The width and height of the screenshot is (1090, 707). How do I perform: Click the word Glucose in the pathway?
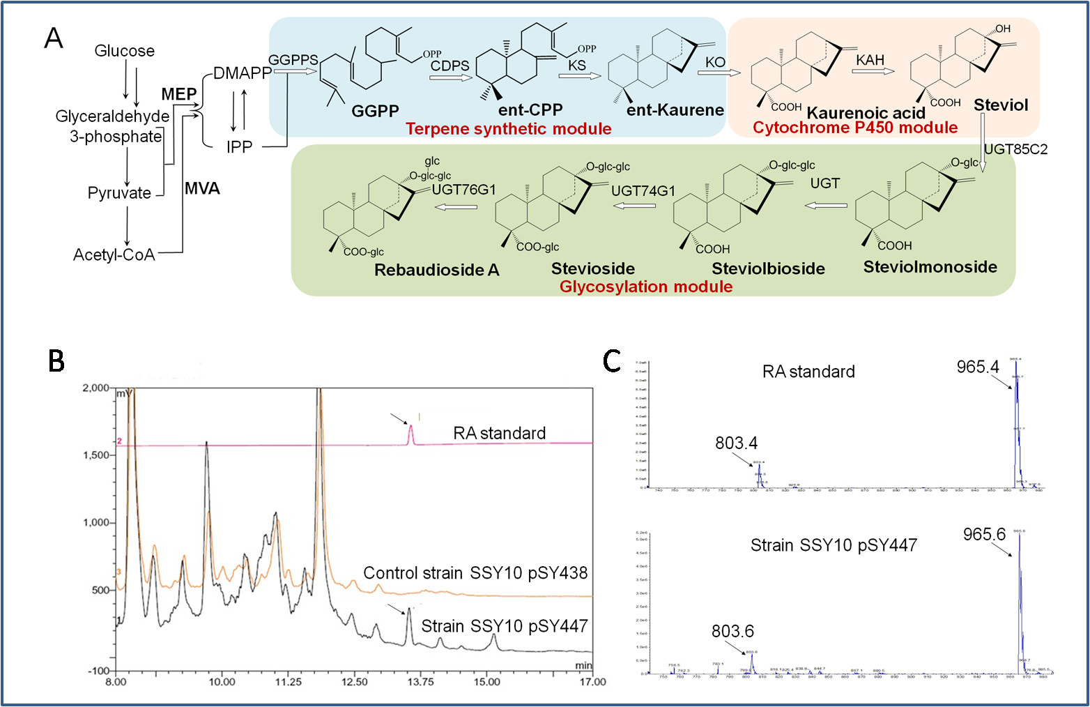(124, 51)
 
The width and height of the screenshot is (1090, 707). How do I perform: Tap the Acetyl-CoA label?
(114, 255)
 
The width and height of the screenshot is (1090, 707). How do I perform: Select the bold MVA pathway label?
(202, 188)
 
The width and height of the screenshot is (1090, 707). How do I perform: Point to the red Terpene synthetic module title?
(508, 129)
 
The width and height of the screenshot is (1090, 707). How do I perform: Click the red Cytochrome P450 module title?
(855, 128)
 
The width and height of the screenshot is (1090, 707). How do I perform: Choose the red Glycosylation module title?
(645, 287)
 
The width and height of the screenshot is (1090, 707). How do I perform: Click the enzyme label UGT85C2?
(1015, 150)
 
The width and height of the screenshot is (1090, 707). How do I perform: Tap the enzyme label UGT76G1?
(463, 190)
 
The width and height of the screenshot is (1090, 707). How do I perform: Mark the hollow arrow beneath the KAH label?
(873, 71)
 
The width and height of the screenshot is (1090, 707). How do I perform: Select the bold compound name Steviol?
(1001, 105)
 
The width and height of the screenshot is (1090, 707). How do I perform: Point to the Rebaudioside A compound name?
(436, 271)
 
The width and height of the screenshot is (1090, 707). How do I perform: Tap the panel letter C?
(611, 360)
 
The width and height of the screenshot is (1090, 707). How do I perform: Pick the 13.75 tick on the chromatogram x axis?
(420, 682)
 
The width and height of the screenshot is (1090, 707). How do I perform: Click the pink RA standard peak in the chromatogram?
(410, 434)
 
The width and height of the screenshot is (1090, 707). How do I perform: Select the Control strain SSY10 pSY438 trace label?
(475, 573)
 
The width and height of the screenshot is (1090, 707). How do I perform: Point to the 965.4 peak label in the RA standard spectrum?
(977, 367)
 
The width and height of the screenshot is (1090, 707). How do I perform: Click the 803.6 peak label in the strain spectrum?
(732, 632)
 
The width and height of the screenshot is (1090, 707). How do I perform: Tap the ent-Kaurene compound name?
(675, 110)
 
